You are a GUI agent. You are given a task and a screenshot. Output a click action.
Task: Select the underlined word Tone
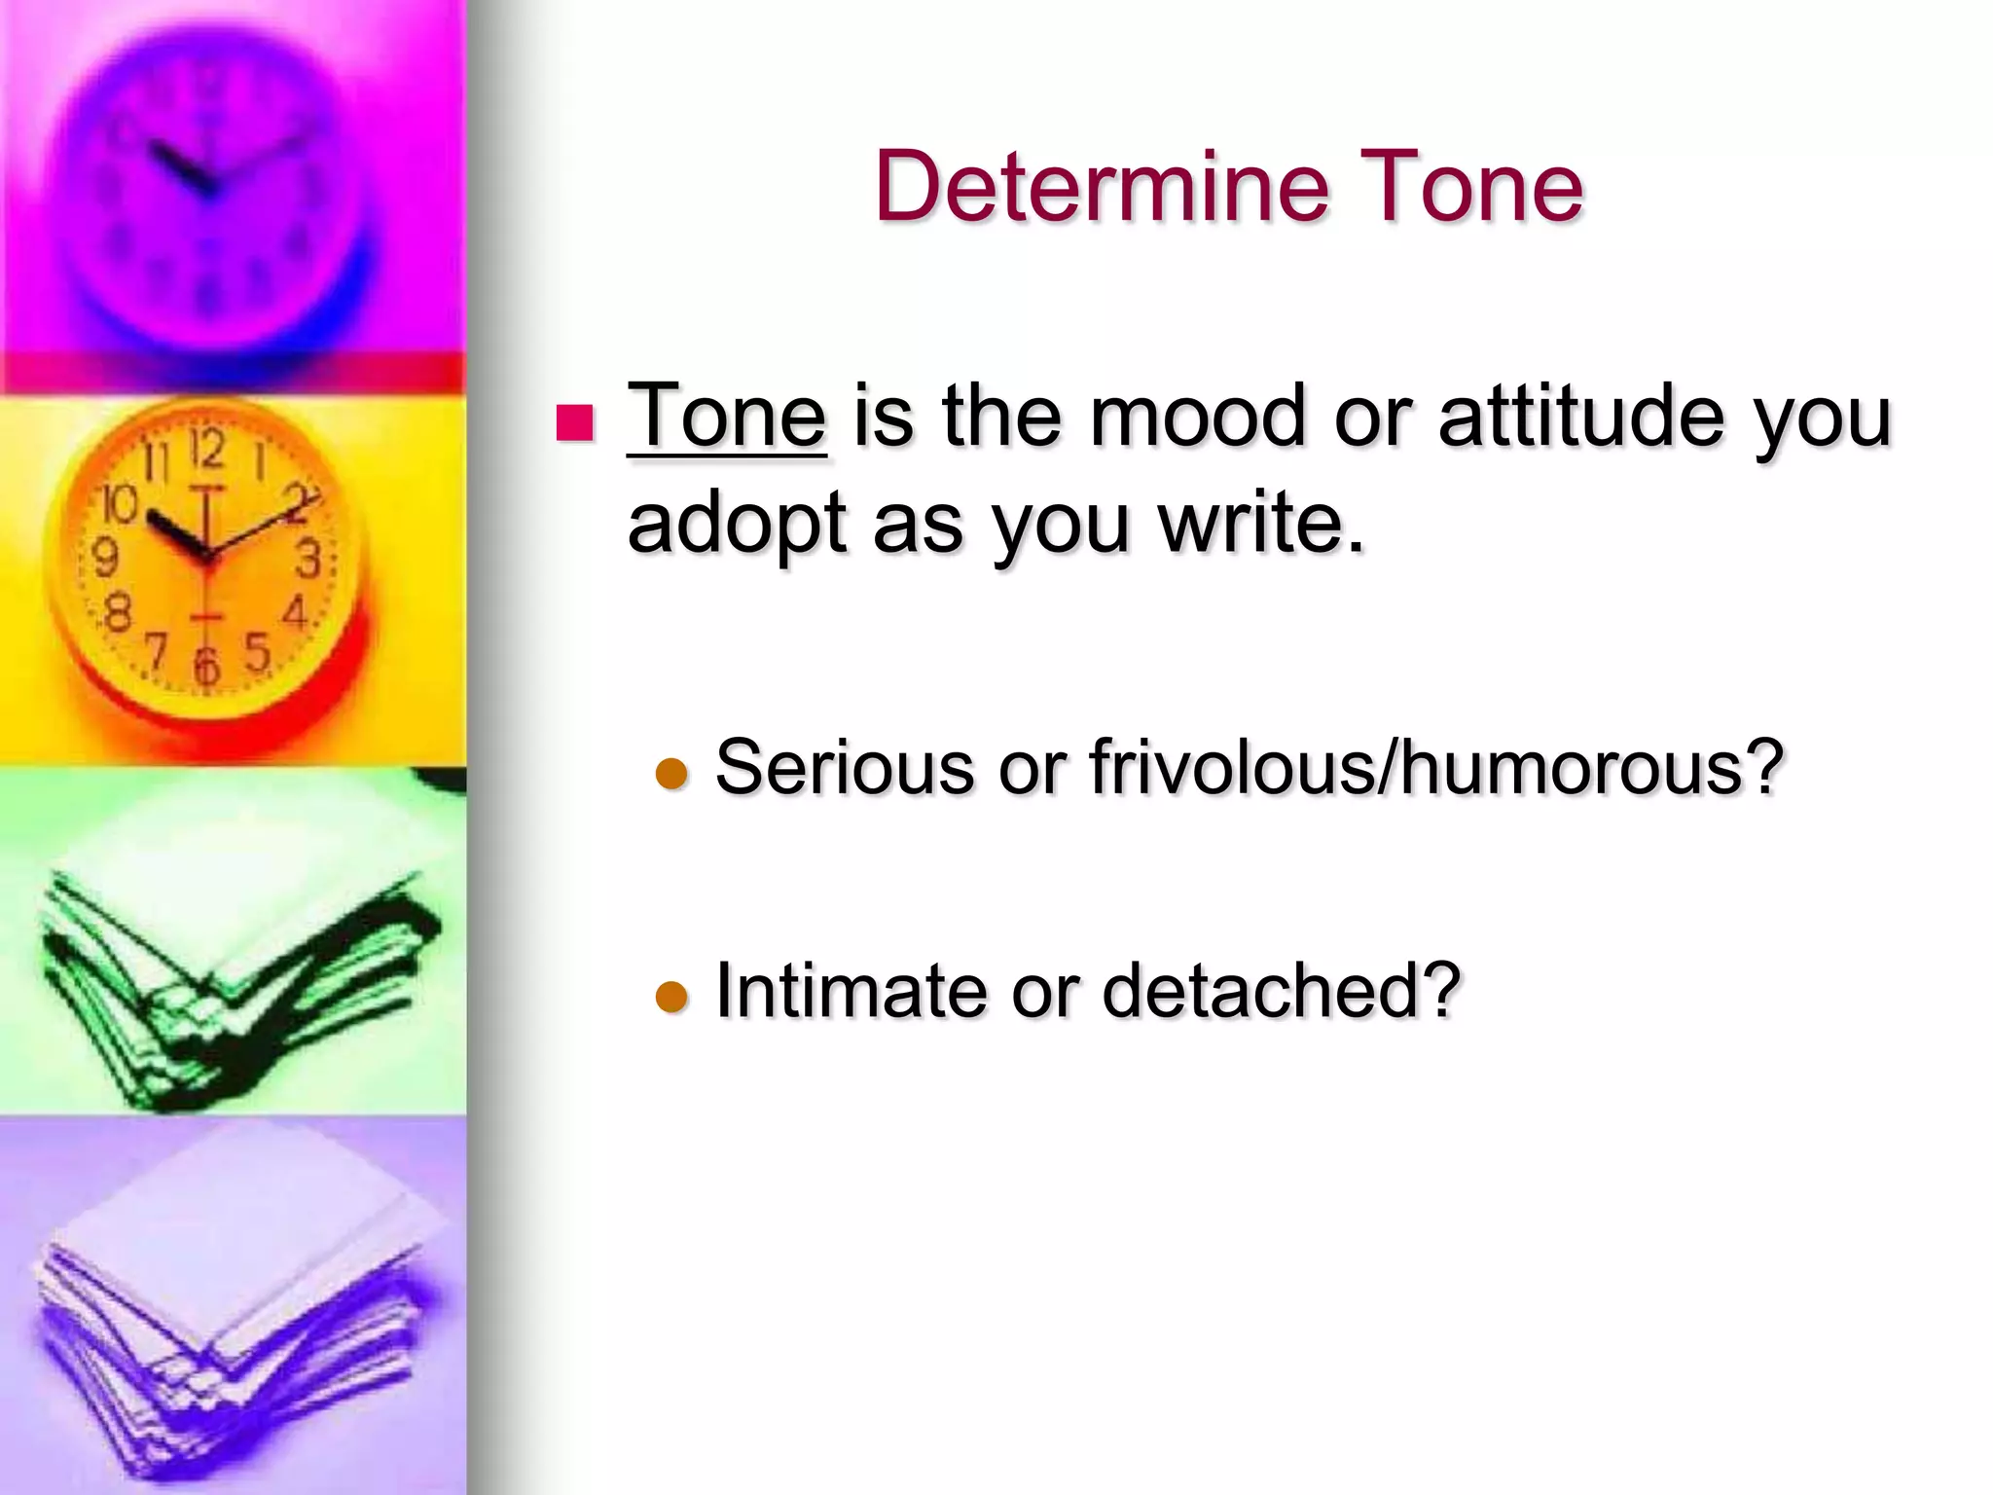[x=727, y=417]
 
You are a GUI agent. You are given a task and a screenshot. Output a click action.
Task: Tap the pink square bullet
[x=574, y=423]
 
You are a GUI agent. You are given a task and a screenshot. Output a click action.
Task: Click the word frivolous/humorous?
[x=1436, y=767]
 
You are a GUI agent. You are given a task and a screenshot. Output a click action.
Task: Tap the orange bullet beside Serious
[x=671, y=775]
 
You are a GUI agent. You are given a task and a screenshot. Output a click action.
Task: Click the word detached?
[x=1282, y=991]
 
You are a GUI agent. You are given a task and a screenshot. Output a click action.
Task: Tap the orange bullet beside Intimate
[x=671, y=998]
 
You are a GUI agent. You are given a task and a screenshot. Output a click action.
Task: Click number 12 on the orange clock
[x=206, y=451]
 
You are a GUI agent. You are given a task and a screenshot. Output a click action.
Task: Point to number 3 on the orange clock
[x=308, y=560]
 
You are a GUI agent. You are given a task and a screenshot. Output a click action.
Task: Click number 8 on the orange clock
[x=118, y=613]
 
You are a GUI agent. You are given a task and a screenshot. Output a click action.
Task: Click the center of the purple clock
[x=206, y=185]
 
